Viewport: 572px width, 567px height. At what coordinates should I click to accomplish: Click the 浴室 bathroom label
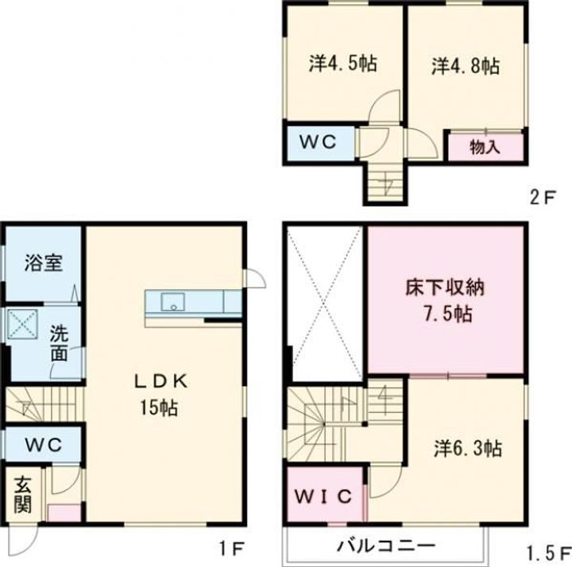43,264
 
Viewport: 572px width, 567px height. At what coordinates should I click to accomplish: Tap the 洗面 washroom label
60,344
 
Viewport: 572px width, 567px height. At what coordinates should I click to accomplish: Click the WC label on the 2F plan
318,142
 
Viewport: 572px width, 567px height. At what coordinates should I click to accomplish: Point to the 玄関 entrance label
23,495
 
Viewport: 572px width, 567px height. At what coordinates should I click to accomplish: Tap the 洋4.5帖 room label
342,64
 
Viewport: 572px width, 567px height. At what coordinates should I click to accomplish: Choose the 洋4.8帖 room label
466,65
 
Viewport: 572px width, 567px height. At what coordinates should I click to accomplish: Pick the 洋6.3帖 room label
467,448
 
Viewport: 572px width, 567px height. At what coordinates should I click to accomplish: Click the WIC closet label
324,497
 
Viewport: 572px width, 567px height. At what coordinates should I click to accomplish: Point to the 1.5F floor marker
549,550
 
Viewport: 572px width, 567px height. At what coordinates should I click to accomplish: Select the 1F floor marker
234,547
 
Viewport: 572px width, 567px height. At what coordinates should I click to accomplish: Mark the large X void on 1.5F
324,302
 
